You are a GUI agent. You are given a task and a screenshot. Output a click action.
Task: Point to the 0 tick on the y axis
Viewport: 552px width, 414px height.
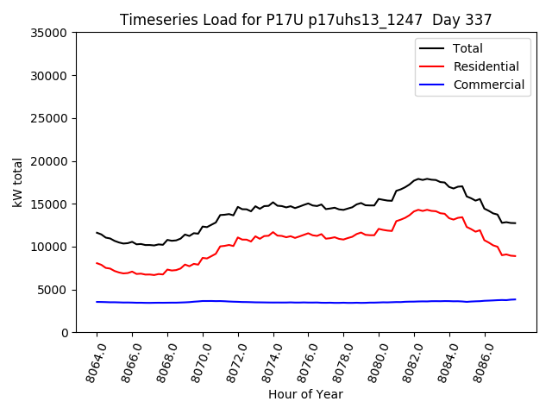[x=65, y=333]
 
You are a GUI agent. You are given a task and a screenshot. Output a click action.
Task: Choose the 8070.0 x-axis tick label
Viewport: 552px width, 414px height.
[x=196, y=361]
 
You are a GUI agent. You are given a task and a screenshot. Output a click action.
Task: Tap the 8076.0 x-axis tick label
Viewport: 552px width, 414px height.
[x=301, y=361]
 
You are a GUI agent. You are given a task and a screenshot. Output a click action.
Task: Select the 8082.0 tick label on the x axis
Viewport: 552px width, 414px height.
[x=407, y=361]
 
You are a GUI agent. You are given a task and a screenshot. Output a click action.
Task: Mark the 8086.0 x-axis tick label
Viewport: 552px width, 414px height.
[x=477, y=361]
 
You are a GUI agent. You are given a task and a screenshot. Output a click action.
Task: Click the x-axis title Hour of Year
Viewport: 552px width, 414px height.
[x=305, y=395]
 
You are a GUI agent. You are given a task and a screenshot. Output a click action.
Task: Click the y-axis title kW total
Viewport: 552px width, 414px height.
[x=17, y=183]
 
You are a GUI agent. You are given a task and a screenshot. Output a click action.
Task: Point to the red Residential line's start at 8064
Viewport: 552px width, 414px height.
[x=97, y=263]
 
